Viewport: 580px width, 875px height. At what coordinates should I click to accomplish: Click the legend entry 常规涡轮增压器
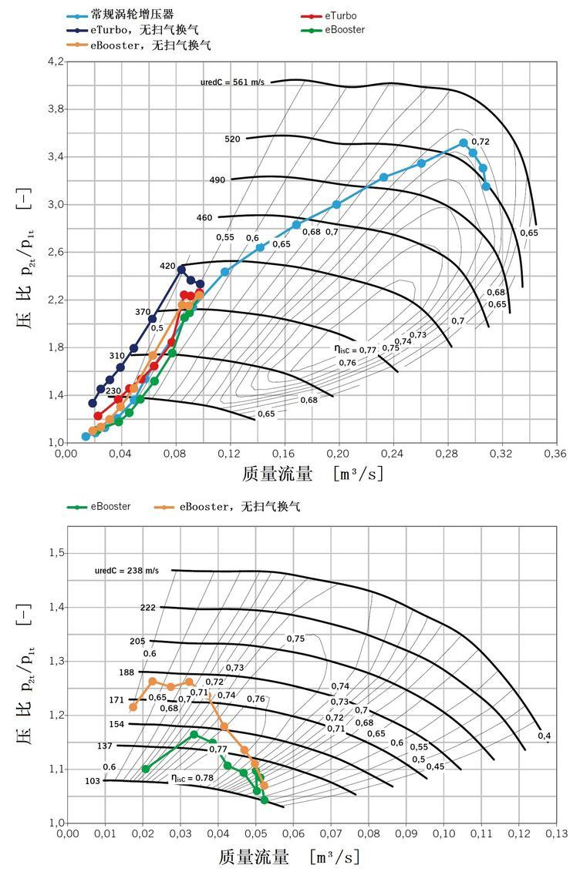coord(130,15)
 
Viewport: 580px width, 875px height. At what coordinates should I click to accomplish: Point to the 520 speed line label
coord(232,139)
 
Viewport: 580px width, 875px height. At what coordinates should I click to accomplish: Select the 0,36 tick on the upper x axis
coord(555,454)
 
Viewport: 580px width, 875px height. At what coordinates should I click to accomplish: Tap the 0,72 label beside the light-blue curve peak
coord(481,142)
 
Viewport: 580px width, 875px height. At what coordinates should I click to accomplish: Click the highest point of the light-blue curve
coord(464,143)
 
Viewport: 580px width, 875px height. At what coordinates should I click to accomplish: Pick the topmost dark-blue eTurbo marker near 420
coord(182,270)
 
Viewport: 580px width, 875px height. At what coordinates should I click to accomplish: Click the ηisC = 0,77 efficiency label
coord(355,350)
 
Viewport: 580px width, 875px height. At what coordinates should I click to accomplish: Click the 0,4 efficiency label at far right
coord(545,736)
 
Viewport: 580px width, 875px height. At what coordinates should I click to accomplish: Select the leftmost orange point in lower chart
coord(133,706)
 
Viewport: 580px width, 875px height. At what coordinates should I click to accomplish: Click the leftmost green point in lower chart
coord(146,769)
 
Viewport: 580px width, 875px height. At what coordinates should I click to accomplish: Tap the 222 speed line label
coord(147,608)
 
